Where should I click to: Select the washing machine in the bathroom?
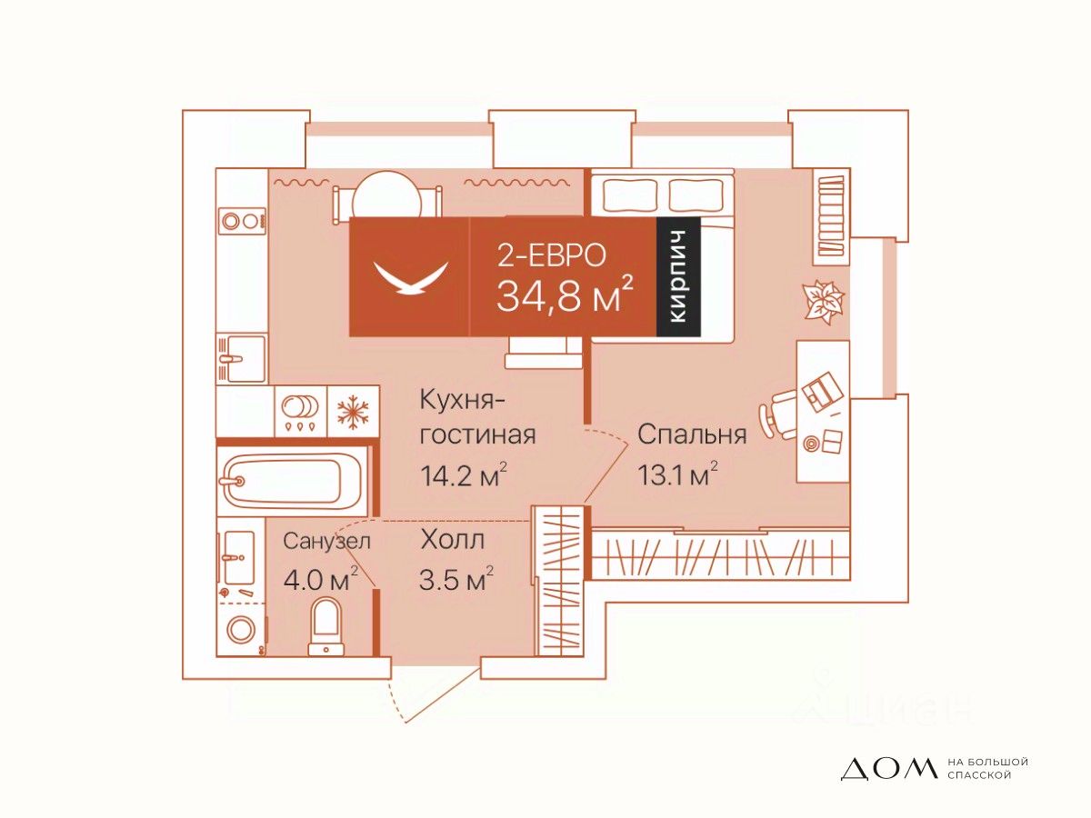click(x=242, y=628)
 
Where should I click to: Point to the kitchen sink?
click(x=242, y=358)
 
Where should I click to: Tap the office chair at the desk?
click(x=782, y=411)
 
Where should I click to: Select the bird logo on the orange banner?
click(x=411, y=276)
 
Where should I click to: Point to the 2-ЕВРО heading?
click(x=551, y=255)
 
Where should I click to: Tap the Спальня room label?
click(x=692, y=434)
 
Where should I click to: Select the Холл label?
click(x=452, y=540)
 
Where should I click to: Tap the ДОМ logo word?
click(x=887, y=769)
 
